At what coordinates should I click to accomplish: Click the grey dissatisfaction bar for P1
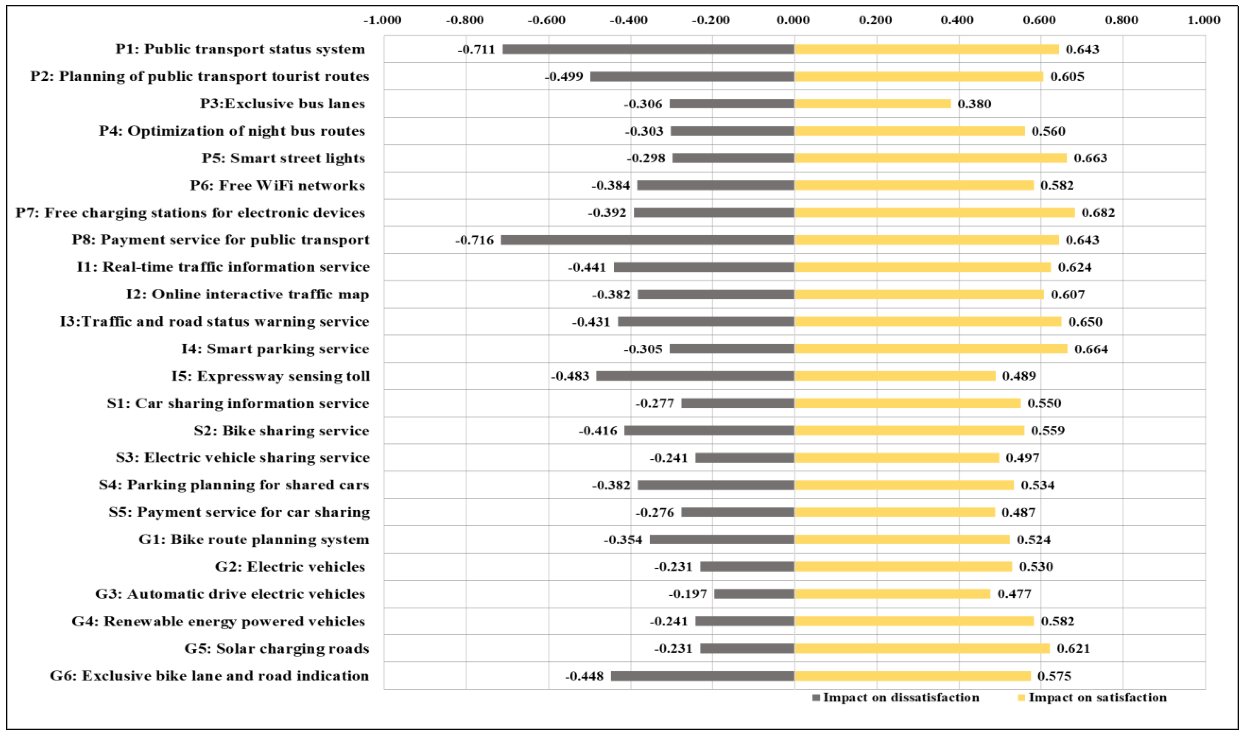(648, 49)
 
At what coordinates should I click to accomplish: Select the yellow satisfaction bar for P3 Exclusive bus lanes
(872, 104)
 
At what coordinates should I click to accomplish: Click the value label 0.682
(1098, 212)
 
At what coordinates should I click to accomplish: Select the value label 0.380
(974, 104)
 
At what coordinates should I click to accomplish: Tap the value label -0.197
(687, 594)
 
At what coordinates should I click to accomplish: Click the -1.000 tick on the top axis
(382, 20)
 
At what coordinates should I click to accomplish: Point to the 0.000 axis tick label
(793, 20)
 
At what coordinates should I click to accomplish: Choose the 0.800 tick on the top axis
(1121, 20)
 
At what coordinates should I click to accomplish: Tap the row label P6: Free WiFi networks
(277, 185)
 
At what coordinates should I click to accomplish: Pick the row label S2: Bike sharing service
(282, 430)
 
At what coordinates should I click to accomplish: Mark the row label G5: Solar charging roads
(277, 648)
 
